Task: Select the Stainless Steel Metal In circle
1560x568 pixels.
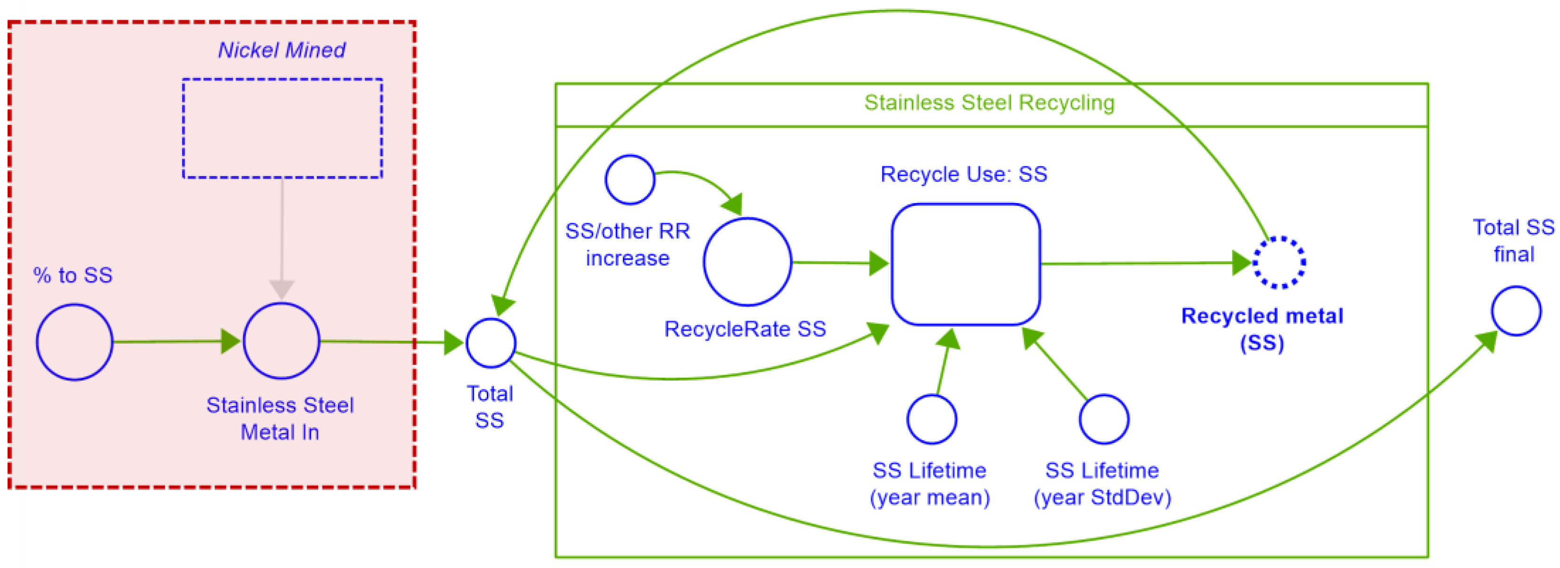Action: click(x=281, y=341)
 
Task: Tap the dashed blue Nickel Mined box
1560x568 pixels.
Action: click(x=282, y=128)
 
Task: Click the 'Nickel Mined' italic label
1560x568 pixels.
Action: click(x=281, y=50)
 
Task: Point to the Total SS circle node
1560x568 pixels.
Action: click(x=491, y=343)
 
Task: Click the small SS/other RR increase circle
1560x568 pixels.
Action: click(x=630, y=179)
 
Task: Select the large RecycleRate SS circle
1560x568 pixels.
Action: click(x=747, y=262)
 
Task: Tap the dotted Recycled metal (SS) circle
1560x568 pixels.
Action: click(x=1279, y=262)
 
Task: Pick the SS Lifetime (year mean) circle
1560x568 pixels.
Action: click(x=932, y=419)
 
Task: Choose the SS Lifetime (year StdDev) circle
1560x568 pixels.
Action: click(x=1103, y=419)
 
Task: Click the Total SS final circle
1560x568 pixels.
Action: click(x=1516, y=311)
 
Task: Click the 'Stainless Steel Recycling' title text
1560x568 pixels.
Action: click(x=989, y=102)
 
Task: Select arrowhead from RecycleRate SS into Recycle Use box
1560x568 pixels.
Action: click(x=878, y=263)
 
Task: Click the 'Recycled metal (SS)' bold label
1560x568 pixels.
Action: click(x=1262, y=329)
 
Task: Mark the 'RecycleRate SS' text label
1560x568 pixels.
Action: click(x=745, y=329)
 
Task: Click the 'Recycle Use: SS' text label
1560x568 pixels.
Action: click(x=964, y=174)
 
